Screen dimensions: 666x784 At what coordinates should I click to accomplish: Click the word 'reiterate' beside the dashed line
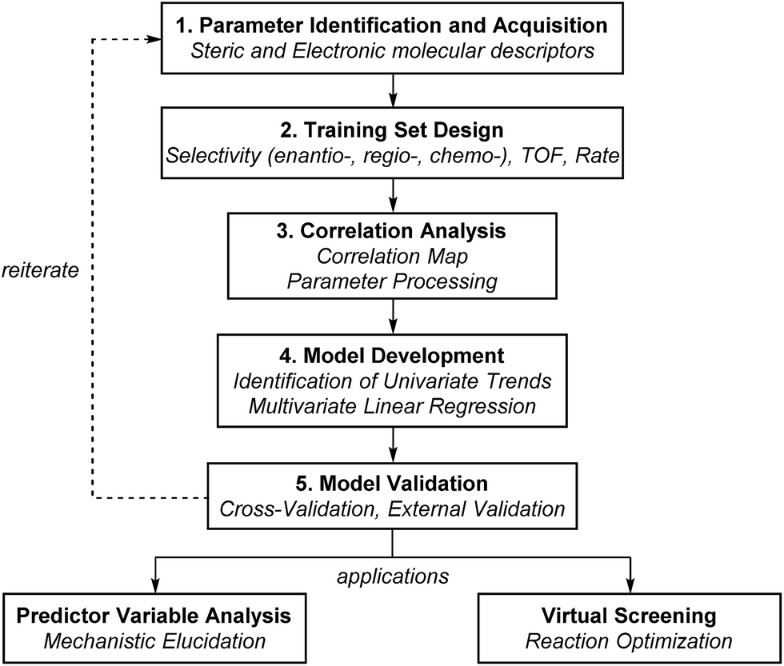39,270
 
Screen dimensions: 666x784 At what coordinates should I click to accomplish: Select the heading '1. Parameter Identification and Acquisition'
391,25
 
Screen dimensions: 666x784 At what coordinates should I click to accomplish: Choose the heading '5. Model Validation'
391,483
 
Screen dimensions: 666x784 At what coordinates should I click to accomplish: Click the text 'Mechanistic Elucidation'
154,641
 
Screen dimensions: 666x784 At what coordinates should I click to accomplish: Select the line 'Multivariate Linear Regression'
391,405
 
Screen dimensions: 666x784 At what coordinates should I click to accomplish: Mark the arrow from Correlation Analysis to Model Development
392,315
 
